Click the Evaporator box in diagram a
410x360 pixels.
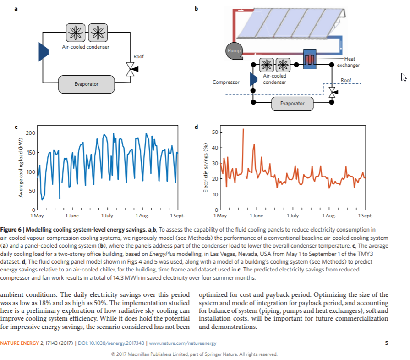point(86,84)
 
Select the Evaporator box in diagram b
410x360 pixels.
point(292,104)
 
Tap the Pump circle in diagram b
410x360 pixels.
point(234,51)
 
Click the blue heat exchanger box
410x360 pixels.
point(310,59)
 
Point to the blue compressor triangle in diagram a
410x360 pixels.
point(43,52)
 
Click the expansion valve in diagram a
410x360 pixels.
point(131,69)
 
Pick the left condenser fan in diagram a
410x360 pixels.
point(76,33)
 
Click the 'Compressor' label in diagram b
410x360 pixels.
point(226,82)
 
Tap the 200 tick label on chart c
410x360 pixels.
point(30,133)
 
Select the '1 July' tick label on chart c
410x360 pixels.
point(107,216)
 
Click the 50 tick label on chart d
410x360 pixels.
point(215,132)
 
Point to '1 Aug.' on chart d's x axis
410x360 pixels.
point(329,216)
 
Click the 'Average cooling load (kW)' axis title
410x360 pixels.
point(21,167)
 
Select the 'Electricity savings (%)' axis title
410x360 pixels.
point(206,168)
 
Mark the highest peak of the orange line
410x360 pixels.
point(243,129)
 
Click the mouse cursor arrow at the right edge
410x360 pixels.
point(404,77)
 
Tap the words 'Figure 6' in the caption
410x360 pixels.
point(11,230)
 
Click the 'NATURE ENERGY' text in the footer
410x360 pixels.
point(20,343)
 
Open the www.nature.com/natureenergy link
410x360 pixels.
point(183,343)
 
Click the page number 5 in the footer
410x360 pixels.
point(387,343)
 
